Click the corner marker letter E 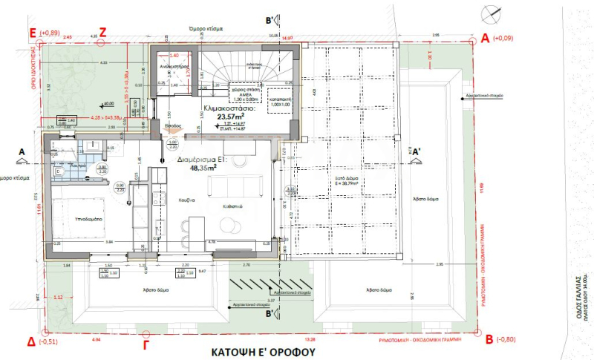[32, 33]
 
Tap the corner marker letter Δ [31, 341]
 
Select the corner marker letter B [489, 339]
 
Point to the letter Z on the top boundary [103, 32]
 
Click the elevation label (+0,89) [53, 33]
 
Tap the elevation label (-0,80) [509, 341]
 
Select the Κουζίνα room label [186, 200]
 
